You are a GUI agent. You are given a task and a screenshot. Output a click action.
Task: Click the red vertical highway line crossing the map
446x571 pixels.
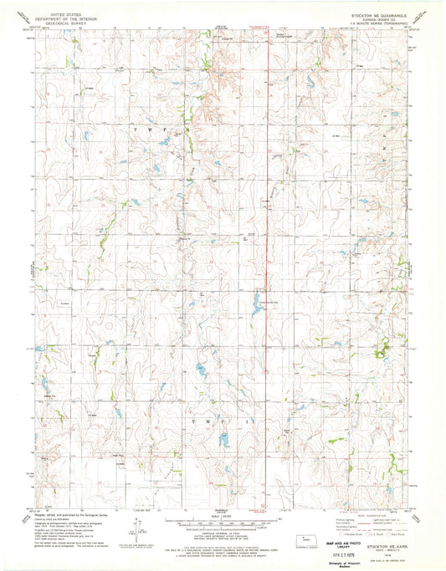point(268,251)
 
